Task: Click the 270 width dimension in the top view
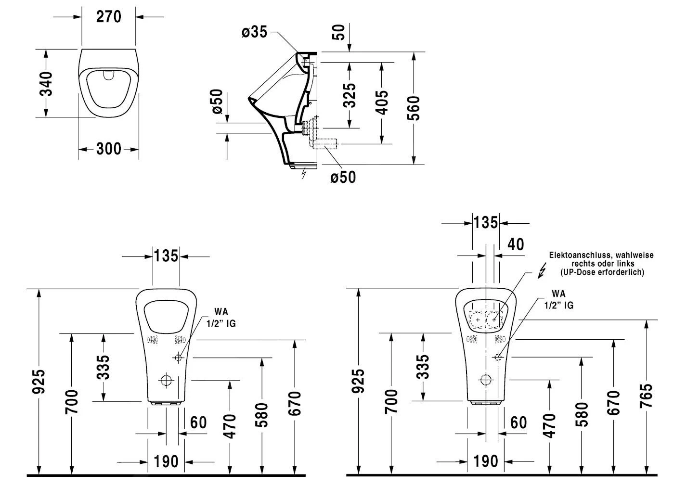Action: point(108,17)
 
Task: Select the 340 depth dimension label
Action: point(46,83)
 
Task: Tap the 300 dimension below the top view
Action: point(108,149)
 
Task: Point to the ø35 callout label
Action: point(254,32)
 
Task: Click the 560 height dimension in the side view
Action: point(413,108)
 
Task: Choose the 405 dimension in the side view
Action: point(381,102)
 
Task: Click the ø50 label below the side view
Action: point(343,177)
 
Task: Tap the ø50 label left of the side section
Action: point(217,101)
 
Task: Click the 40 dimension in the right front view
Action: point(516,244)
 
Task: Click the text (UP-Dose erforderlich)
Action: point(602,272)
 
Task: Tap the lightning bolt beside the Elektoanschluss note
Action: point(542,271)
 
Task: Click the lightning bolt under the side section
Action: point(303,173)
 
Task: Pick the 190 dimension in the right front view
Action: point(485,461)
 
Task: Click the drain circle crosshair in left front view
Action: point(167,380)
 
